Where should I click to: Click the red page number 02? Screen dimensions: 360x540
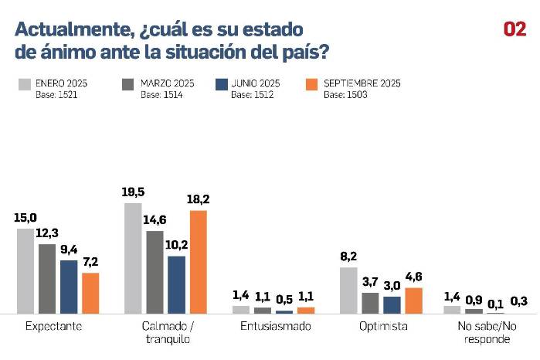515,29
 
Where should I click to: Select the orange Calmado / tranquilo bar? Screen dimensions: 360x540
199,262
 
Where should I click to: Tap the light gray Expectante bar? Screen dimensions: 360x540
25,270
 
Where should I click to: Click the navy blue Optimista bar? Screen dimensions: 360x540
392,304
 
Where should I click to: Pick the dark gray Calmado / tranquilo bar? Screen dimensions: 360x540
155,272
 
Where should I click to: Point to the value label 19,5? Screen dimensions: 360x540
133,192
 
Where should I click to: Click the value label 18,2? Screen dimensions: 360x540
199,199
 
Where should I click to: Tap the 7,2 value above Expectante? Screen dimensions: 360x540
90,262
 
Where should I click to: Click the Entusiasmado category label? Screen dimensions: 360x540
276,326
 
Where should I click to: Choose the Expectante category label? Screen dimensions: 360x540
54,326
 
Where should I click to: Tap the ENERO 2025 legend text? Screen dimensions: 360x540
63,82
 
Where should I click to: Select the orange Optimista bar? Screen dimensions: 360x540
414,301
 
